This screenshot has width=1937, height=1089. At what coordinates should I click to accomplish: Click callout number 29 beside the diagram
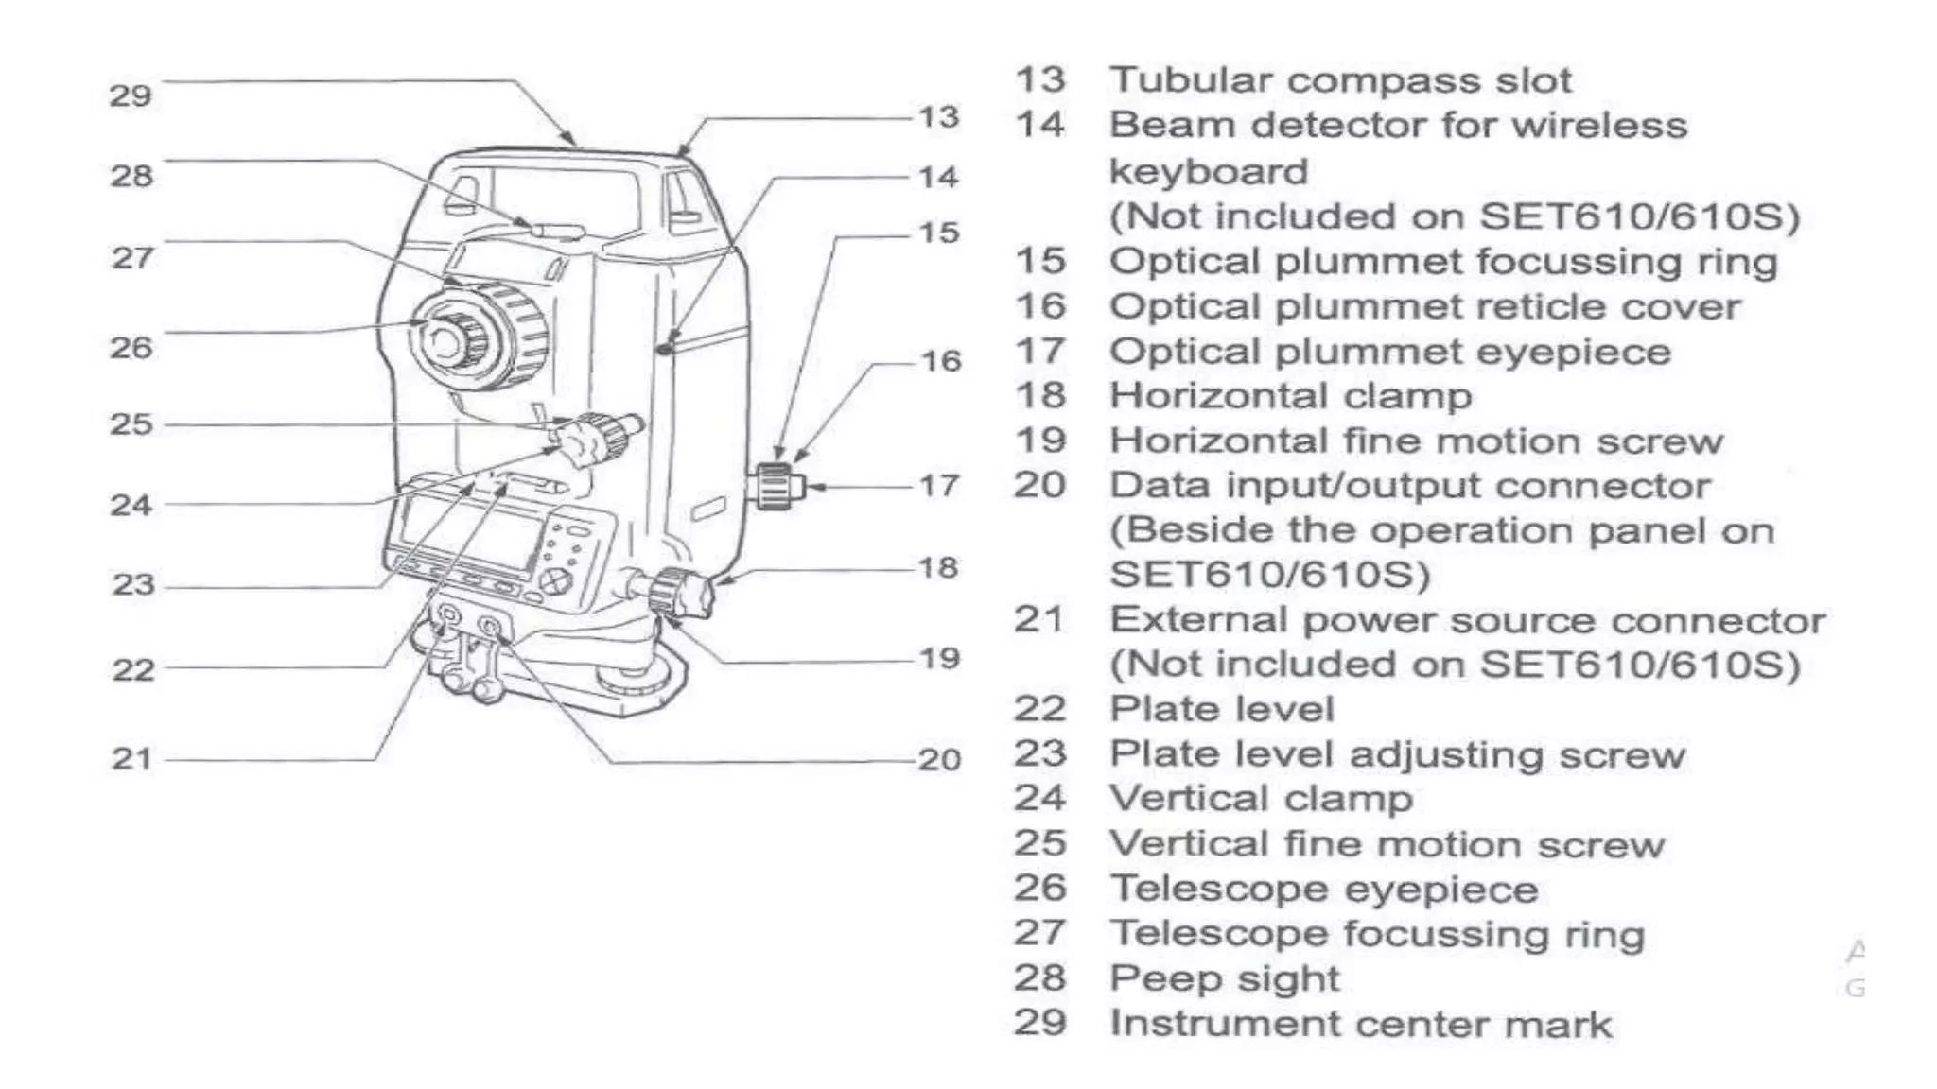(131, 95)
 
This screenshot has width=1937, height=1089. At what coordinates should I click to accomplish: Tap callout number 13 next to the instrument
(939, 117)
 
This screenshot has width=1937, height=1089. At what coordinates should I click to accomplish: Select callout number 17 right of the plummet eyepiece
(939, 486)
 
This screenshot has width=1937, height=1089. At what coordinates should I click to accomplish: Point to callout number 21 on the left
(131, 758)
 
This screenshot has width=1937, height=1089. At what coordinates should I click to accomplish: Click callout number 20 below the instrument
(939, 759)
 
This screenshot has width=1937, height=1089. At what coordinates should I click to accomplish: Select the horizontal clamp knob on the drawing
(679, 593)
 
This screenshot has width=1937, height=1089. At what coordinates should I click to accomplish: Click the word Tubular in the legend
(1191, 80)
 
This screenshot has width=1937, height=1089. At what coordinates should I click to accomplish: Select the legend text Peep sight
(1224, 978)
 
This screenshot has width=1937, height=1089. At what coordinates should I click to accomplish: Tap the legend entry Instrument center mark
(1360, 1024)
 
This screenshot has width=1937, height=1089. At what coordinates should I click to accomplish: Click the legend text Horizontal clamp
(1290, 396)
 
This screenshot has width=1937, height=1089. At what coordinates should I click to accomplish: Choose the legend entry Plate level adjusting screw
(1397, 754)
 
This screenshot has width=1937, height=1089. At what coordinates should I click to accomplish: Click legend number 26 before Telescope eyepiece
(1039, 889)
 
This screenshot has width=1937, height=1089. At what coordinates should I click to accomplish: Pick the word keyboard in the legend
(1208, 172)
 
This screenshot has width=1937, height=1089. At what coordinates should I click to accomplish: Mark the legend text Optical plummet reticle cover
(1424, 307)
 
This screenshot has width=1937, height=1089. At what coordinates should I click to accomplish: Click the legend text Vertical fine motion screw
(1387, 844)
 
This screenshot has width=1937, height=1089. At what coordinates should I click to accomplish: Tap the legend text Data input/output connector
(1409, 486)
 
